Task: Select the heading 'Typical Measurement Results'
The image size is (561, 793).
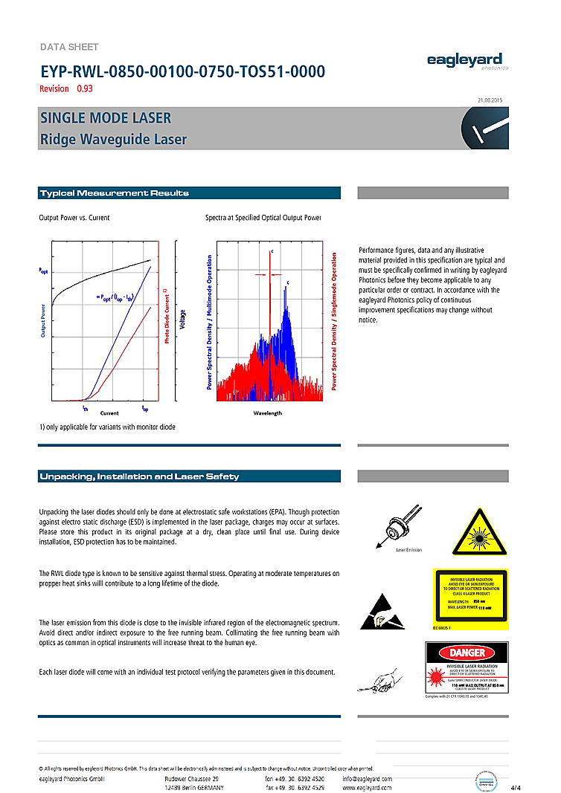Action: pos(114,193)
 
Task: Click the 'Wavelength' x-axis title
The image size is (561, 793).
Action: pos(268,412)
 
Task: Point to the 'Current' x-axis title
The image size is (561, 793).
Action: pos(109,412)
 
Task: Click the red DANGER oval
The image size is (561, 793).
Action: pos(467,653)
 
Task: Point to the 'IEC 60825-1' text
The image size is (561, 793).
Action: pos(442,628)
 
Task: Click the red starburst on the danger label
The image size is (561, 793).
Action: pos(439,679)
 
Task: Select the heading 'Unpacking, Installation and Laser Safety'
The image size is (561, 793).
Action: pos(139,476)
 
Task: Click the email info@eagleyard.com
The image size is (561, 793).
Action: pos(367,778)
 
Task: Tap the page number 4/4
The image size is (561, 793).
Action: pos(516,787)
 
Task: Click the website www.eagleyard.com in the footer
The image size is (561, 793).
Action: pos(367,787)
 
